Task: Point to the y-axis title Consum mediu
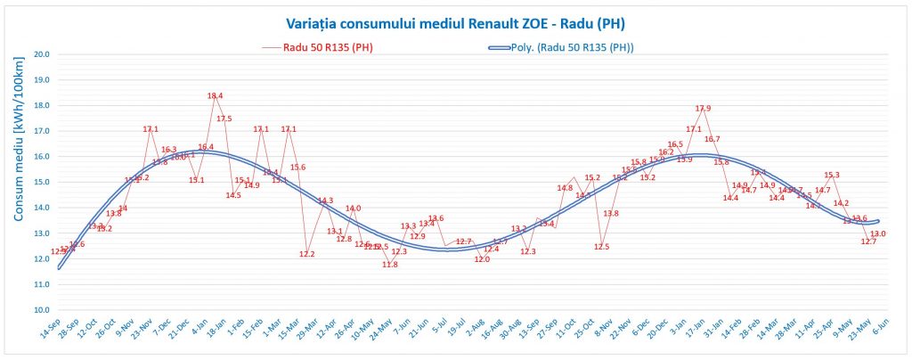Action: pyautogui.click(x=17, y=182)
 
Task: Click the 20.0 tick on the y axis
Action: pyautogui.click(x=41, y=54)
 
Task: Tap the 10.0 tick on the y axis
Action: pyautogui.click(x=41, y=310)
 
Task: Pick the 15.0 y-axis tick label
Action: pyautogui.click(x=41, y=182)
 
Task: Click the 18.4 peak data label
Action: pyautogui.click(x=215, y=96)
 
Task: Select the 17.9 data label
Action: pyautogui.click(x=703, y=109)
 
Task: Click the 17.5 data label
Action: pyautogui.click(x=224, y=119)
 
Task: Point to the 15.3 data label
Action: pyautogui.click(x=832, y=176)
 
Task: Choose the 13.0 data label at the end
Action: pyautogui.click(x=878, y=234)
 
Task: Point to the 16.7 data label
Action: pyautogui.click(x=712, y=139)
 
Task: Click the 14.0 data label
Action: pyautogui.click(x=353, y=209)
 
